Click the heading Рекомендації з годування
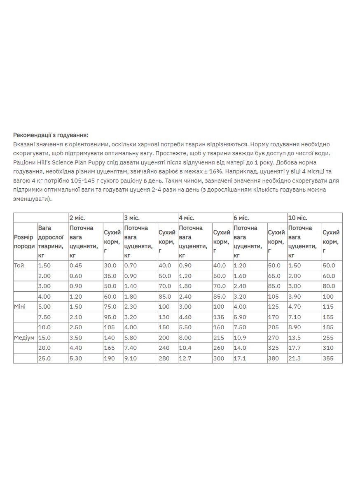coord(51,135)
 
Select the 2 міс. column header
coord(77,218)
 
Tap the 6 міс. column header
coord(241,218)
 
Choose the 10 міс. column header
coord(297,218)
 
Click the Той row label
coord(19,266)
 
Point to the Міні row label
coord(19,307)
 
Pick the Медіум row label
coord(24,337)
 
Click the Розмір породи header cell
coord(24,242)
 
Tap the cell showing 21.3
coord(295,358)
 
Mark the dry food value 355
coord(328,358)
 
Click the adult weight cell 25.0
coord(44,358)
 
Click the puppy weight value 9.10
coord(131,358)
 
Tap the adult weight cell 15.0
coord(44,337)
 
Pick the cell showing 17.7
coord(295,348)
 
